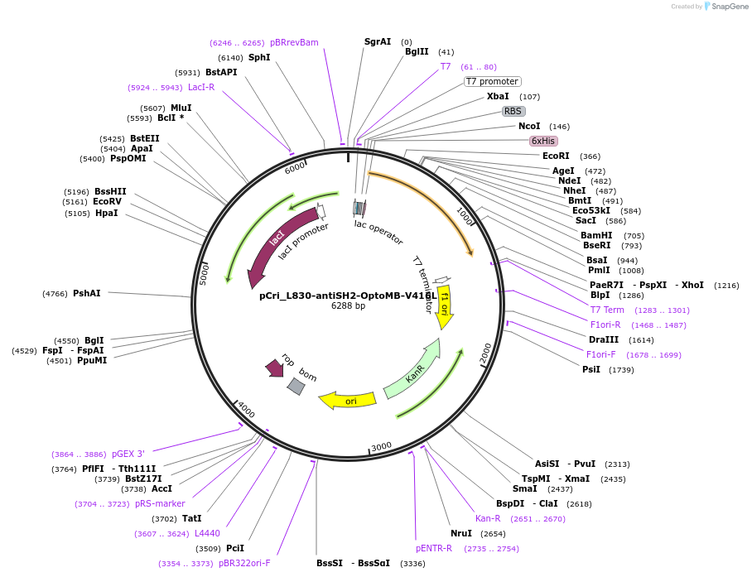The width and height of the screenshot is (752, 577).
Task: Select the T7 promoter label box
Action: [492, 81]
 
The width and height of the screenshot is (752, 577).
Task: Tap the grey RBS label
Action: [513, 111]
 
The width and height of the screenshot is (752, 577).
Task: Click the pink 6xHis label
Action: [543, 141]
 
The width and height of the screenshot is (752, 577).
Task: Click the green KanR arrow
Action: [410, 368]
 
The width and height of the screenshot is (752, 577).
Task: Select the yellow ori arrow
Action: [349, 401]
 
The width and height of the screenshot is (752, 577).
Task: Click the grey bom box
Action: [296, 385]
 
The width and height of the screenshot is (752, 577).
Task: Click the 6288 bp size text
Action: [348, 306]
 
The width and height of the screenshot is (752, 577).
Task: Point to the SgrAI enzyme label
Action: [378, 41]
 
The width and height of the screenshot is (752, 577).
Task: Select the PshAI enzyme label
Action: [87, 293]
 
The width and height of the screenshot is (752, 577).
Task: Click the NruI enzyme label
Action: [461, 533]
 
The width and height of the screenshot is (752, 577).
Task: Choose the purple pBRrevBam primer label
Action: [294, 42]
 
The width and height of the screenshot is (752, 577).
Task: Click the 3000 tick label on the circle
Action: [381, 447]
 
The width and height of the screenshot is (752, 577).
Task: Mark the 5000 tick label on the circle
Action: [205, 274]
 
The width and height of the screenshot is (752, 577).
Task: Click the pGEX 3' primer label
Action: [128, 454]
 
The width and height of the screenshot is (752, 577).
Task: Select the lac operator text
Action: [378, 233]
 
